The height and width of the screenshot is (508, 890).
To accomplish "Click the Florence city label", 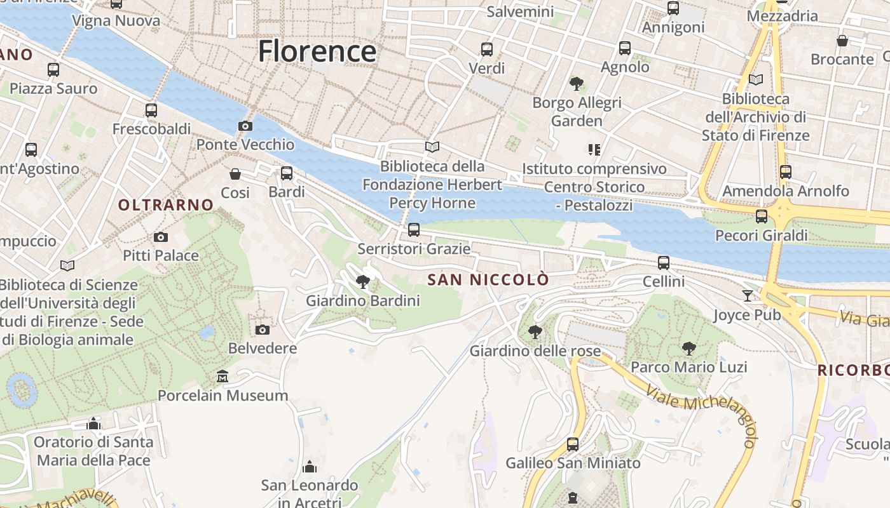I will point(317,51).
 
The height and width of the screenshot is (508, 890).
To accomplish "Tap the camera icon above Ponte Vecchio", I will point(245,126).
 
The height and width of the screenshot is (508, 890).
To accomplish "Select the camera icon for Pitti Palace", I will point(161,237).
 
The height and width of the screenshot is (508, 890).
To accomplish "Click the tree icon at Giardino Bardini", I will point(363,282).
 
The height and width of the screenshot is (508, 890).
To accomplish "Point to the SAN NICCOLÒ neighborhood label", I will point(488,280).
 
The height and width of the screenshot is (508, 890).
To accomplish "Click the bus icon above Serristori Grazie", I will point(414,230).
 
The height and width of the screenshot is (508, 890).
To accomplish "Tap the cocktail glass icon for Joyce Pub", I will point(747,296).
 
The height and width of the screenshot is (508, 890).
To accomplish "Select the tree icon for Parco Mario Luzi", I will point(688,349).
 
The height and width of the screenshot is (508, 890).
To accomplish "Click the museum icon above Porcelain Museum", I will point(222,377).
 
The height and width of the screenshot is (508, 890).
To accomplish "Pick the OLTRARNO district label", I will point(166,205).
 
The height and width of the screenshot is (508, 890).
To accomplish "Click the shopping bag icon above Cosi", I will point(235,174).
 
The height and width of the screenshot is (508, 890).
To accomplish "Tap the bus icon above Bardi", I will point(287,173).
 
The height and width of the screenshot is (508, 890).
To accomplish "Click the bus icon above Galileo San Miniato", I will point(573,444).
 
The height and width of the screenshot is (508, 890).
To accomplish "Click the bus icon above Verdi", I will point(487,50).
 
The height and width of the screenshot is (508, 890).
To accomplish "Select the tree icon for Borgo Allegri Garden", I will point(577,84).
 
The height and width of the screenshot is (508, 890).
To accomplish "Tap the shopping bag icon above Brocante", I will point(842,41).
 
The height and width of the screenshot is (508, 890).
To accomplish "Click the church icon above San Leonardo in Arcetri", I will point(310,467).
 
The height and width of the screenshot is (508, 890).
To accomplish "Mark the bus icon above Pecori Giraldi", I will point(762,217).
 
